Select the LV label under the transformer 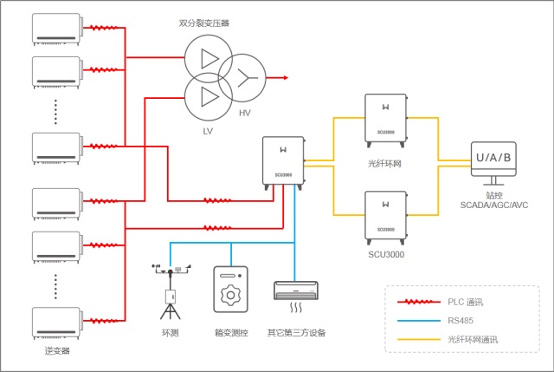point(208,131)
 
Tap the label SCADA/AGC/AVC point(494,206)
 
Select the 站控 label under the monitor point(494,195)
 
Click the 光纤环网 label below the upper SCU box point(384,162)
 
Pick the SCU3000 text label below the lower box point(384,255)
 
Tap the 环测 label point(170,332)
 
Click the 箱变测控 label point(231,332)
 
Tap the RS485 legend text point(461,320)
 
